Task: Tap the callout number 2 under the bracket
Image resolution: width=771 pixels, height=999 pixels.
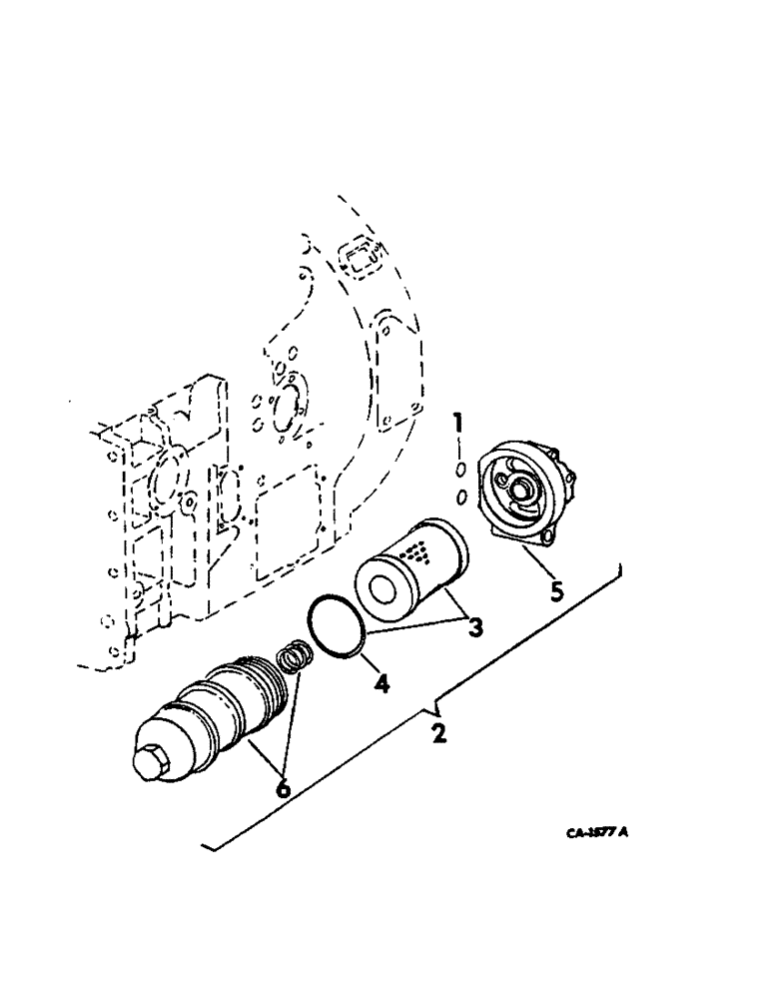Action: click(x=437, y=734)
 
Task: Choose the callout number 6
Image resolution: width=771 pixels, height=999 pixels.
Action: click(x=284, y=788)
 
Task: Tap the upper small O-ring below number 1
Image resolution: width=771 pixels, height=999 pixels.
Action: click(x=460, y=470)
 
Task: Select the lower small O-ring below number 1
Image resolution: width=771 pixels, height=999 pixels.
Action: click(x=460, y=497)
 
